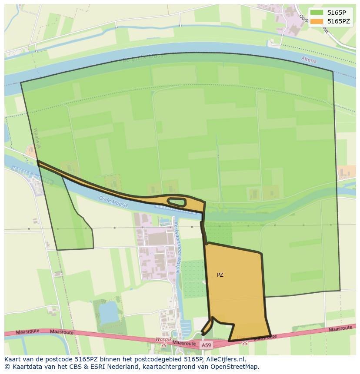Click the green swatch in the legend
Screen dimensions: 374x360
(317, 12)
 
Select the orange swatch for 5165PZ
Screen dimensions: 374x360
(317, 21)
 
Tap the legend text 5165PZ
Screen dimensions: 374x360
(339, 21)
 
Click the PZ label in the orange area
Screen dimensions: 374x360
(220, 275)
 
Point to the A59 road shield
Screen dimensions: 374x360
(206, 345)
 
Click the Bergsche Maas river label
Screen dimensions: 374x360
(139, 60)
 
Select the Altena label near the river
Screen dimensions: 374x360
(309, 60)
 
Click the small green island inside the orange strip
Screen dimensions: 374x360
(177, 202)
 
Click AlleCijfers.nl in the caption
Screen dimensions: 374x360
(226, 359)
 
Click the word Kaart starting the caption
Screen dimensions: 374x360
(13, 359)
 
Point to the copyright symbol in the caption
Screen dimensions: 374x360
(7, 367)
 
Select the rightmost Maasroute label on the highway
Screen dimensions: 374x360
(340, 329)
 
